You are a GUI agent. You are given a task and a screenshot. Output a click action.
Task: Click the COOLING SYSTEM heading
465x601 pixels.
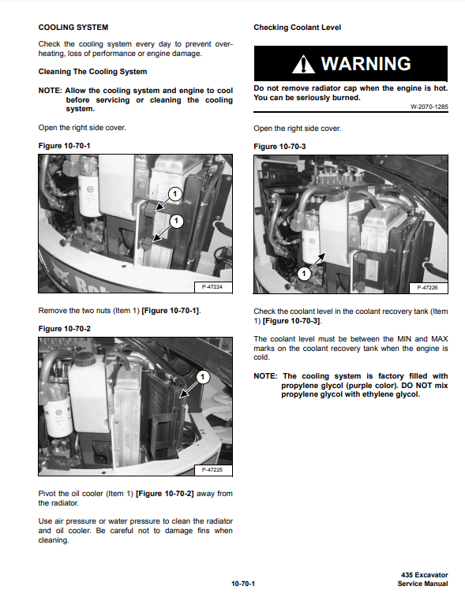[x=73, y=28]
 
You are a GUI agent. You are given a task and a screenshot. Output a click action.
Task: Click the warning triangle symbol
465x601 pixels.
[x=303, y=64]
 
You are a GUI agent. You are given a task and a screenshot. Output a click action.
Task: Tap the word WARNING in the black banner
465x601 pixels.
[x=366, y=64]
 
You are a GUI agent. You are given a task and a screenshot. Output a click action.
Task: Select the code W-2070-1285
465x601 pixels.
[x=429, y=107]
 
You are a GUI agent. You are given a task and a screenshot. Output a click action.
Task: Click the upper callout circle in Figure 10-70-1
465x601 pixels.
[x=175, y=193]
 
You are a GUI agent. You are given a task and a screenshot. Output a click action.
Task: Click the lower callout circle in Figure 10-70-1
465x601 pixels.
[x=177, y=221]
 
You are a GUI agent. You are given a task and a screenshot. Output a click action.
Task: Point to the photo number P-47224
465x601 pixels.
[x=212, y=287]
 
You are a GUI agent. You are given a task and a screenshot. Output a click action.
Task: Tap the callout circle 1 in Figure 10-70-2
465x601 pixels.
[x=203, y=377]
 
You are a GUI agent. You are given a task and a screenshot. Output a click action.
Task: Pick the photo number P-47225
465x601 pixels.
[x=212, y=469]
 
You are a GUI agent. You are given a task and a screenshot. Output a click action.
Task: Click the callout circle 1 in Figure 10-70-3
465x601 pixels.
[x=304, y=274]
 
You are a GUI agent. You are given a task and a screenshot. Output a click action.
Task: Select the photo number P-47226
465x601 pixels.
[x=427, y=287]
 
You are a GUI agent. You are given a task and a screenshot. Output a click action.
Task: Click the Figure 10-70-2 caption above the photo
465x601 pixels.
[x=65, y=329]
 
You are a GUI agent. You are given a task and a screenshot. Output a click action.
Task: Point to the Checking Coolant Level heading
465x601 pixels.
[x=298, y=28]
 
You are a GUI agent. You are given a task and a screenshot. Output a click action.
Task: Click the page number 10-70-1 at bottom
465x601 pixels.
[x=243, y=584]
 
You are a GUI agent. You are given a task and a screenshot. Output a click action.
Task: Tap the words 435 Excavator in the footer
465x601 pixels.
[x=425, y=575]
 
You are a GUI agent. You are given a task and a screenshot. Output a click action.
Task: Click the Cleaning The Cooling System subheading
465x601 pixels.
[x=92, y=72]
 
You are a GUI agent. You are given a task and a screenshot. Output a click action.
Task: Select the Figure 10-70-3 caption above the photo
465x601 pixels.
[x=279, y=147]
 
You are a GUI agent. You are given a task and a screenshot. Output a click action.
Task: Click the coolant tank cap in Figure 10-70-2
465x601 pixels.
[x=84, y=359]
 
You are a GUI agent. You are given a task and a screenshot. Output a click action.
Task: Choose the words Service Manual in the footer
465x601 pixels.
[x=423, y=584]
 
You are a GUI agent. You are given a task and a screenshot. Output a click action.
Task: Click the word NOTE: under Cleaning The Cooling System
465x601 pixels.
[x=50, y=91]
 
